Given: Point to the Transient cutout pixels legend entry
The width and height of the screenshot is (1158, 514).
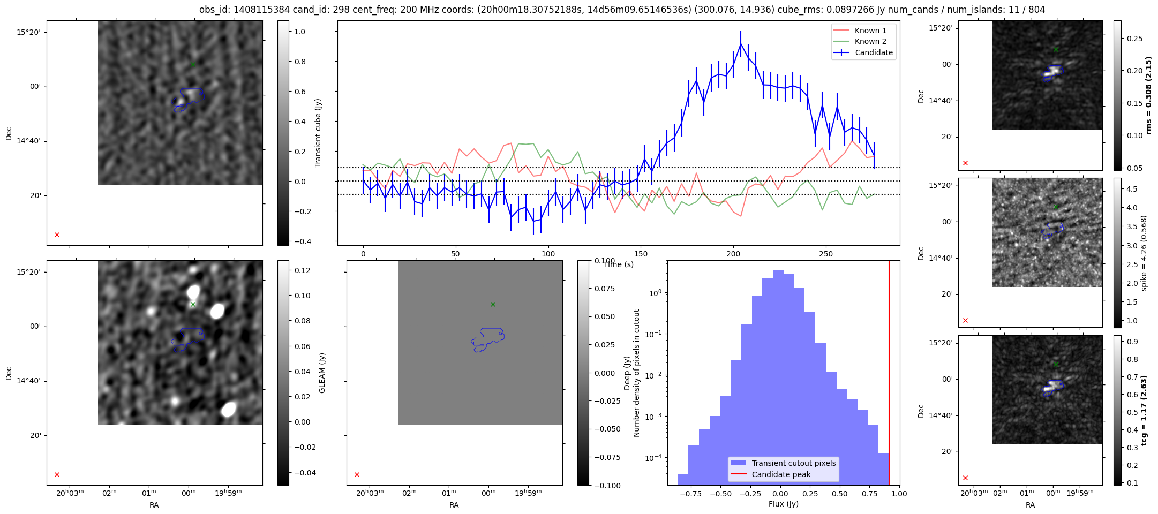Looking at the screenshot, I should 793,463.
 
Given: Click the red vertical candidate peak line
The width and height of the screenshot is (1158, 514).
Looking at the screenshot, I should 889,375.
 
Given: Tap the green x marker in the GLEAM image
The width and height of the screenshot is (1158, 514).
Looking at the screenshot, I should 193,305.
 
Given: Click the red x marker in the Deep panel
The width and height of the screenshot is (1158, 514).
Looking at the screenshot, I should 357,474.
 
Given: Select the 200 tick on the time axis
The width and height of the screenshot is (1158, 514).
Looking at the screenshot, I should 733,254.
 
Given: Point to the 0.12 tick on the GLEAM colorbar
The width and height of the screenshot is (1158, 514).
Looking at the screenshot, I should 303,270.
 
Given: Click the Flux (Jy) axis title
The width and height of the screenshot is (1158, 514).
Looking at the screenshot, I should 783,504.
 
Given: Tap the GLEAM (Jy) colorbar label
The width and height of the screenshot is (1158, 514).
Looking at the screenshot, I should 322,373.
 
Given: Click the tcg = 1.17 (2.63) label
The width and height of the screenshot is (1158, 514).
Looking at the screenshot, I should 1144,410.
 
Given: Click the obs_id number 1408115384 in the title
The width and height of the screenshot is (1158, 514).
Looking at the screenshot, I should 261,10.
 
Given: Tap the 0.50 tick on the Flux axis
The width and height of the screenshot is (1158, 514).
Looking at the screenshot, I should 840,494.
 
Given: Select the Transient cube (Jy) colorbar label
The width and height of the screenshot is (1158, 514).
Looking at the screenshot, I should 318,133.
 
